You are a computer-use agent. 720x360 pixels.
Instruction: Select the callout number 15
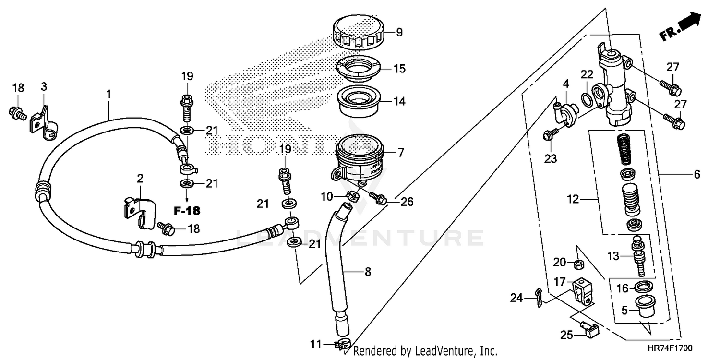399,69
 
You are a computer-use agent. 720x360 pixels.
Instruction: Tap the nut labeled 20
579,264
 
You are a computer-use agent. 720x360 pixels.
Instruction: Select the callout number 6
697,174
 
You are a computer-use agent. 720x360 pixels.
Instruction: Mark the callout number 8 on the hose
368,272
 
